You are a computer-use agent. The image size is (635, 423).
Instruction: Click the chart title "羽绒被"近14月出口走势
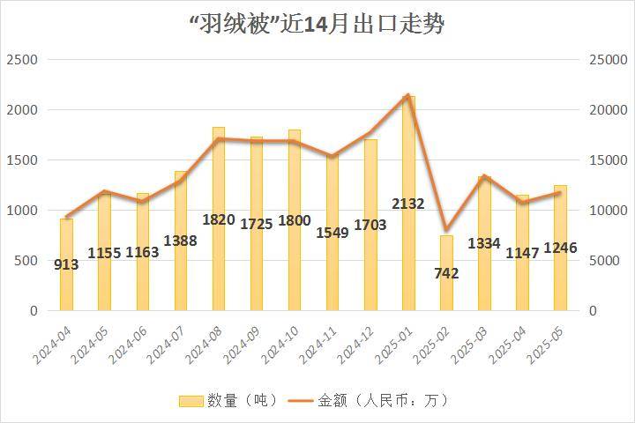click(x=317, y=24)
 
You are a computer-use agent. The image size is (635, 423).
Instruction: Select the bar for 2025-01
click(x=408, y=159)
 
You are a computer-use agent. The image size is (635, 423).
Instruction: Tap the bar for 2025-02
click(x=446, y=291)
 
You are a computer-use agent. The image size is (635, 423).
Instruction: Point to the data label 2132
click(x=408, y=204)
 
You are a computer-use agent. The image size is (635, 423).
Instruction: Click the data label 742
click(x=446, y=273)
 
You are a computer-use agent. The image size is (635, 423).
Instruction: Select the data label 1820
click(x=218, y=219)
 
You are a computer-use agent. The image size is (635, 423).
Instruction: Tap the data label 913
click(x=66, y=264)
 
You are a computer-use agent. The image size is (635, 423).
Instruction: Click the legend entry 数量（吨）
click(x=229, y=400)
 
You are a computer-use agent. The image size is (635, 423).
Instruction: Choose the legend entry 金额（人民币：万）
click(x=370, y=400)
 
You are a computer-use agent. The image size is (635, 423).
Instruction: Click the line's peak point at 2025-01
click(x=407, y=95)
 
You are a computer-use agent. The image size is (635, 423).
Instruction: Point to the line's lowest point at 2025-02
click(x=446, y=230)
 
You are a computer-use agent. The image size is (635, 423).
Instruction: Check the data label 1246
click(x=560, y=248)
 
